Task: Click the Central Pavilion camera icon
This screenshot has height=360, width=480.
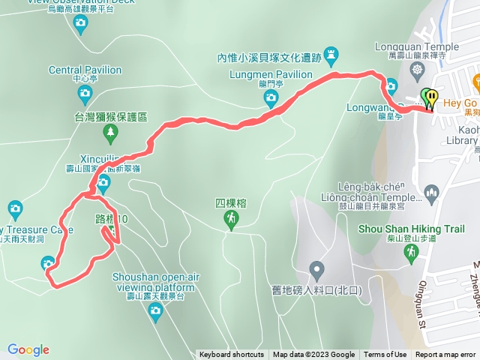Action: click(85, 94)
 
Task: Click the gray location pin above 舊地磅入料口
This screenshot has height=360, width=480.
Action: click(317, 269)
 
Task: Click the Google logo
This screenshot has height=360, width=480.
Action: click(28, 349)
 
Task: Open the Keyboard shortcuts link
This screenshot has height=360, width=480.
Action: click(232, 355)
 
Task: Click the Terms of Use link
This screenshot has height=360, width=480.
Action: click(385, 355)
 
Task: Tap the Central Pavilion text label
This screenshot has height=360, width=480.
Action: click(85, 70)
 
